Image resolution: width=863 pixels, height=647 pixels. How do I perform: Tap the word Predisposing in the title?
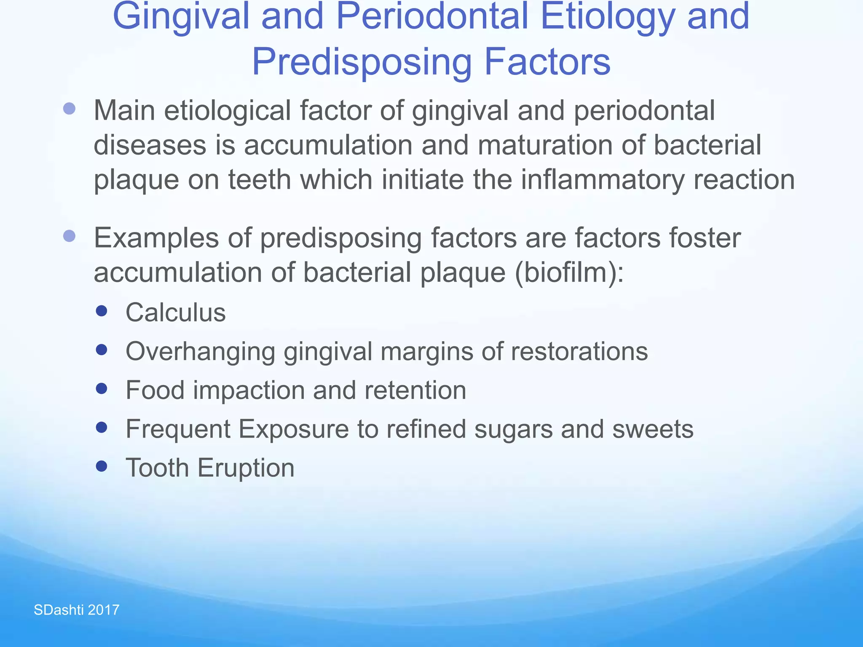[x=362, y=62]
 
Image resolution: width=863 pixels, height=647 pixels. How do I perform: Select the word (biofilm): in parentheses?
[x=569, y=273]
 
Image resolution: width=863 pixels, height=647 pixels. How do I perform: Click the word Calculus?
[x=176, y=313]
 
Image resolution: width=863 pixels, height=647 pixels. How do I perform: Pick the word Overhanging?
[x=201, y=352]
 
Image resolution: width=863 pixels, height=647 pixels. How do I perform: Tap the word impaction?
[x=249, y=390]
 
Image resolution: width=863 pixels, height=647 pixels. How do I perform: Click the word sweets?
[x=653, y=429]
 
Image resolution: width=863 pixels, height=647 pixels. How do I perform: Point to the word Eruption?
[x=246, y=468]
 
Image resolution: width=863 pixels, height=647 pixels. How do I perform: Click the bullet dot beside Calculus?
[x=102, y=311]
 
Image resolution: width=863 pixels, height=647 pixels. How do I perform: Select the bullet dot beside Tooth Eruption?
[x=102, y=466]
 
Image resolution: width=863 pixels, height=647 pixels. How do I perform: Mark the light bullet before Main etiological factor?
[x=69, y=109]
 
